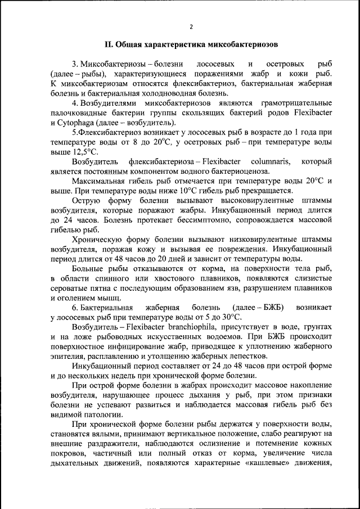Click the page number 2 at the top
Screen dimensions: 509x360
click(191, 26)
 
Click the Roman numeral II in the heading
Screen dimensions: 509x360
click(109, 44)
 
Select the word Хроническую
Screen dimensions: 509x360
click(96, 239)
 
